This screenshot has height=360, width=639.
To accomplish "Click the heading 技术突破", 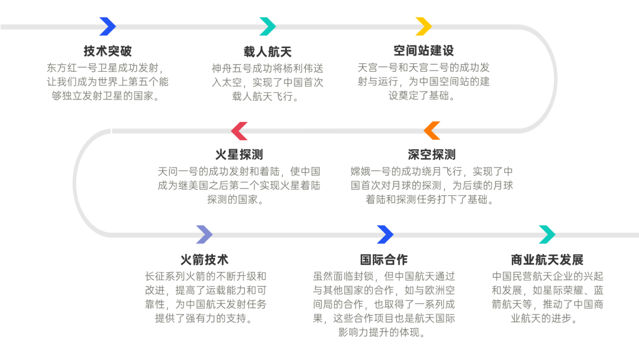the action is click(107, 51).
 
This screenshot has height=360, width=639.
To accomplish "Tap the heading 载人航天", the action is click(267, 52).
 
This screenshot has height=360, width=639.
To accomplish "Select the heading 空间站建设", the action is click(423, 51).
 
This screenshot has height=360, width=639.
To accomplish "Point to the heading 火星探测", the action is click(238, 155).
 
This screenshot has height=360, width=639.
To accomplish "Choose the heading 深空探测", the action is click(431, 155).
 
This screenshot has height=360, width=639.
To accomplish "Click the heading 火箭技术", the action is click(204, 259).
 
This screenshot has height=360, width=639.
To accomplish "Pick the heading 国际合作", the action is click(384, 259).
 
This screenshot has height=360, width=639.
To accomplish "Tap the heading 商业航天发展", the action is click(547, 259).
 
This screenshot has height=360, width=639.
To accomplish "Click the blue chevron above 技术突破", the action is click(108, 27).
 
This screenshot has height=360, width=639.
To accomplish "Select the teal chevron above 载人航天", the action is click(267, 27).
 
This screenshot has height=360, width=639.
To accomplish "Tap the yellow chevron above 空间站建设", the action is click(424, 27).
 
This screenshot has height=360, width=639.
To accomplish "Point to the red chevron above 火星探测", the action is click(239, 131).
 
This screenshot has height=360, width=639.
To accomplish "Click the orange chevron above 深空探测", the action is click(432, 131).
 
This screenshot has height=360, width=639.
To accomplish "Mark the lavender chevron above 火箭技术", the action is click(204, 234).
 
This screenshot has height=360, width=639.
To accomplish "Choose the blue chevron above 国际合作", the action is click(385, 234).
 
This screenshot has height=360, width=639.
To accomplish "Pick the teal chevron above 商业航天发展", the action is click(547, 234).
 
